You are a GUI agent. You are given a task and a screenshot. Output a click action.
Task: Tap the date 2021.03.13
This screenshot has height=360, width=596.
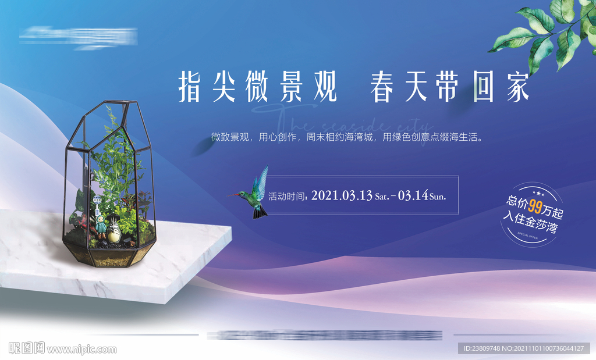pos(342,195)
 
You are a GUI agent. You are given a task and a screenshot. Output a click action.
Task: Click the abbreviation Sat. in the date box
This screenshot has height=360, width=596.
pos(382,197)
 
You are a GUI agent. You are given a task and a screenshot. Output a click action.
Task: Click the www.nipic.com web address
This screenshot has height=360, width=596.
pos(81,349)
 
